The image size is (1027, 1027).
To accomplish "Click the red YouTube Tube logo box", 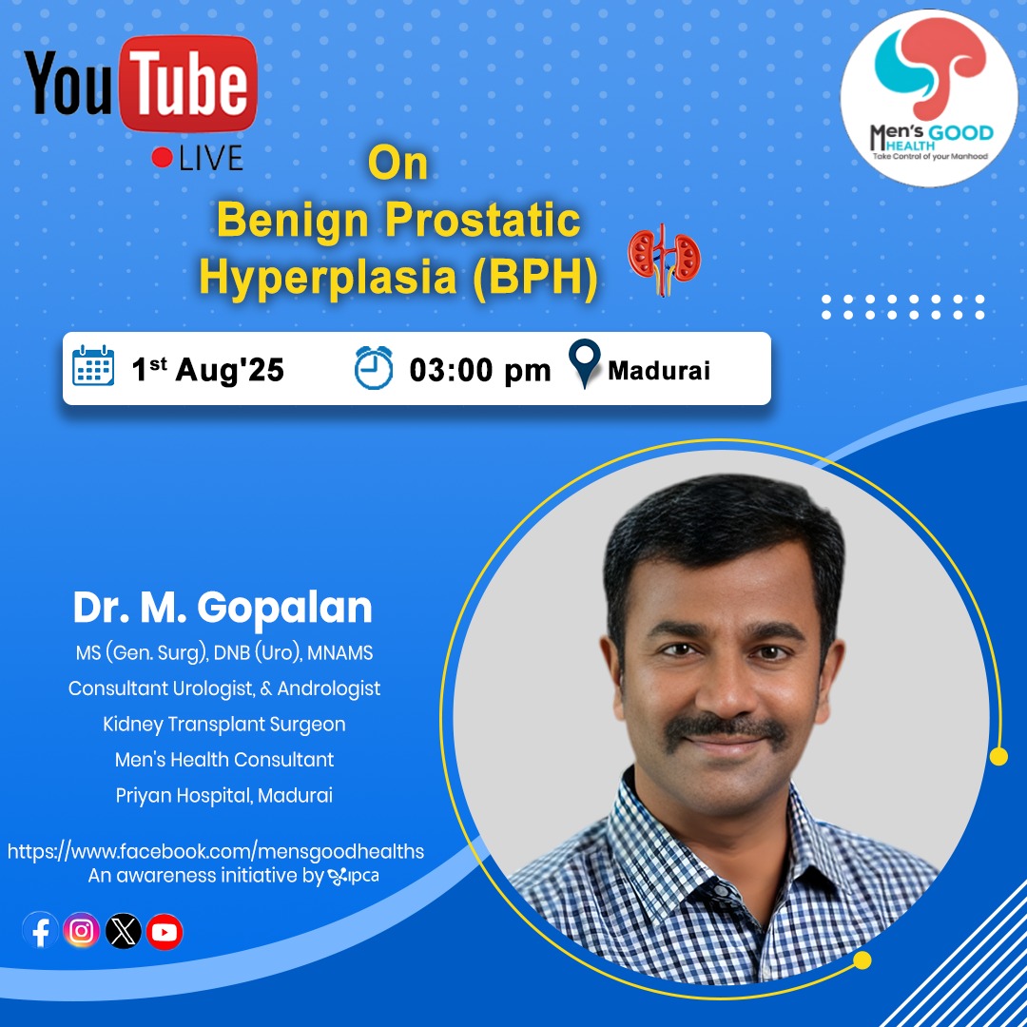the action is (188, 83).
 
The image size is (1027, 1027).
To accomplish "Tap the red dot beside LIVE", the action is (162, 157).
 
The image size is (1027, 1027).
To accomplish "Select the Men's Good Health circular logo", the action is (929, 98).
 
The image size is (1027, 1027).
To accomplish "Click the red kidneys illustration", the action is (664, 258).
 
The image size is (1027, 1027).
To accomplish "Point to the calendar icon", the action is (93, 365).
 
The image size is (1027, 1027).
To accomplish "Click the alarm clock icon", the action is (374, 368).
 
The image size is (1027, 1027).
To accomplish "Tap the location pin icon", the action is (584, 363).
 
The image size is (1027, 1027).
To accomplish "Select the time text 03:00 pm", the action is (479, 370).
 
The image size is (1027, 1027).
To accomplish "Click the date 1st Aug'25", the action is (207, 369).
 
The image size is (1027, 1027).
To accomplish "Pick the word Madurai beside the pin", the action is (658, 371).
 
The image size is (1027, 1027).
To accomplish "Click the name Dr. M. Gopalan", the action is (223, 607).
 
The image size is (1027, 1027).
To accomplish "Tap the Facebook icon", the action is (41, 931).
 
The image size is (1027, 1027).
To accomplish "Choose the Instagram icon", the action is (81, 931).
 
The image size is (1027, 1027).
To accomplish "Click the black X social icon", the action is (123, 931).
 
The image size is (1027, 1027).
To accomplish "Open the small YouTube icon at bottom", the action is (165, 931).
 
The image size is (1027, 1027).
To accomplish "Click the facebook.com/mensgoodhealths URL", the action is (216, 851).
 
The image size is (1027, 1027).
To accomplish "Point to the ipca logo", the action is (353, 876).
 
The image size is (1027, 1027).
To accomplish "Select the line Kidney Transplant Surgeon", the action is (224, 725).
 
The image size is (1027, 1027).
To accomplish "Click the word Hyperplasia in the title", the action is (327, 277).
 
